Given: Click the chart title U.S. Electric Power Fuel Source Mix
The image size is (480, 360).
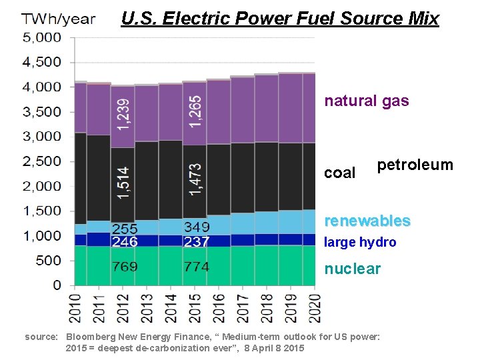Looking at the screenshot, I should (x=280, y=18).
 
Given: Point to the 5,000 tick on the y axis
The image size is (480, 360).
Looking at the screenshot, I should (x=42, y=37).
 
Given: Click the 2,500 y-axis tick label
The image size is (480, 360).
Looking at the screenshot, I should (x=42, y=161).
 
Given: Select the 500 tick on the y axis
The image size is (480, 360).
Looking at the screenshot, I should (x=47, y=261).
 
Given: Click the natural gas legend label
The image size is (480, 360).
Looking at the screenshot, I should (x=366, y=101).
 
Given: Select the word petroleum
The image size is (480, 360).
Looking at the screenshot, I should (x=415, y=165).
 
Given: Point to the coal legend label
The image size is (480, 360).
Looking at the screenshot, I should (x=339, y=173).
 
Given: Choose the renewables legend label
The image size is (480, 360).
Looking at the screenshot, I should (x=367, y=221).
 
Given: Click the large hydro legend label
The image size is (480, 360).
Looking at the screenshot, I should (x=359, y=243).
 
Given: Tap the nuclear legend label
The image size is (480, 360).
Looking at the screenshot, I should (x=352, y=269).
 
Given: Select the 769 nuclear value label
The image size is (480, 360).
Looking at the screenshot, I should (x=125, y=267).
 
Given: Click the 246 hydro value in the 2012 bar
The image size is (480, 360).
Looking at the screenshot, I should (x=125, y=242).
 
